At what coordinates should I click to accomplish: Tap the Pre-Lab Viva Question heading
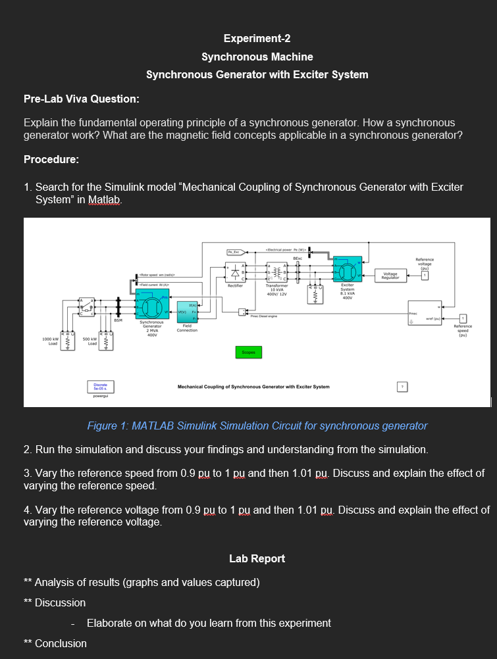pos(81,99)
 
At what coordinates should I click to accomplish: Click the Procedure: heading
pos(51,160)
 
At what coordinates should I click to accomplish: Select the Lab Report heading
pos(257,558)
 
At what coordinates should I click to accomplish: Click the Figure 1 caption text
pos(257,426)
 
